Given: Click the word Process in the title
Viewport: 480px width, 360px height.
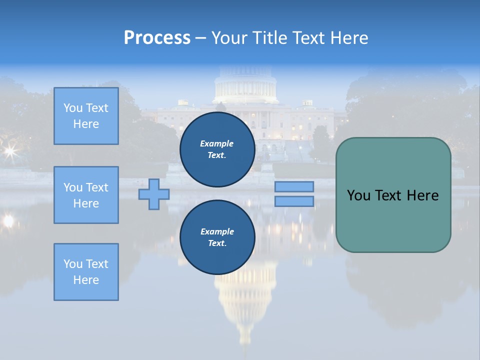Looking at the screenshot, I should click(157, 38).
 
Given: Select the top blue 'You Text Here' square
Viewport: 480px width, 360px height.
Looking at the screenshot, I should click(86, 116).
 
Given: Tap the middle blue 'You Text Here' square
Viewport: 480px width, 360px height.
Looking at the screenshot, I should click(86, 195).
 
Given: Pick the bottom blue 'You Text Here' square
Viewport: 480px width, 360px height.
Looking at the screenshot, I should click(86, 272).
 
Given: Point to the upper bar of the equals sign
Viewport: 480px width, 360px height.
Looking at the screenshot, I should click(294, 186).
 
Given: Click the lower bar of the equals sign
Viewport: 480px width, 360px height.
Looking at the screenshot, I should click(294, 201).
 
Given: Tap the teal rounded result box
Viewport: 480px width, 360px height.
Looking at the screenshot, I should click(393, 220).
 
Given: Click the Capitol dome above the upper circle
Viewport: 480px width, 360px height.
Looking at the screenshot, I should click(245, 85).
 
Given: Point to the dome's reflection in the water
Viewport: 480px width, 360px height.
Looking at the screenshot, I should click(245, 300).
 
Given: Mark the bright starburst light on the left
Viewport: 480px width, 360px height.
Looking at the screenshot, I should click(9, 150).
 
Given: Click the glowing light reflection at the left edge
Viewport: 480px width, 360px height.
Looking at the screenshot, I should click(8, 220).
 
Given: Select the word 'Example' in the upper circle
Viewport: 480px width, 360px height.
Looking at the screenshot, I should click(216, 143).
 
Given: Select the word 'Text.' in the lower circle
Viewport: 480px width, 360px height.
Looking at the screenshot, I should click(216, 243).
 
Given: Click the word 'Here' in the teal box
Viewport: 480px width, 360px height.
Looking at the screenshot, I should click(422, 195).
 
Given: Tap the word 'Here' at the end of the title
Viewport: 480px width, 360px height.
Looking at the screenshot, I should click(349, 38).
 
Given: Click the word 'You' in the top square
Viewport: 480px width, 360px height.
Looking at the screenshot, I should click(73, 108).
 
